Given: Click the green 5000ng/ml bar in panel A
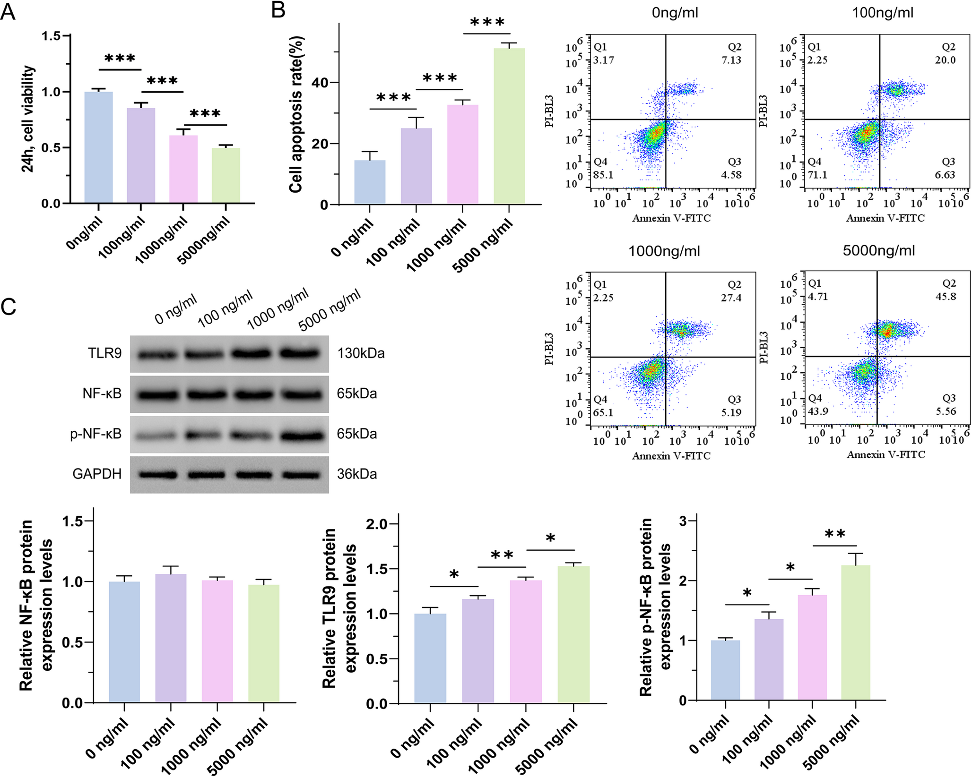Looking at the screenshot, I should (226, 176).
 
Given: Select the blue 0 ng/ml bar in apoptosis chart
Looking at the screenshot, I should (370, 182).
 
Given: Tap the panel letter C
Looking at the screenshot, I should (9, 307).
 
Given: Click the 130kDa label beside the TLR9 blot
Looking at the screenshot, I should (361, 353).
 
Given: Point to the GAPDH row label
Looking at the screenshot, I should (96, 474).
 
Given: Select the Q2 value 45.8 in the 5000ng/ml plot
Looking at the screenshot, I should (946, 297).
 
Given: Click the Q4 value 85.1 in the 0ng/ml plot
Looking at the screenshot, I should (603, 175).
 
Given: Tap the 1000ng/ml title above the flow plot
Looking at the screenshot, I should (664, 251).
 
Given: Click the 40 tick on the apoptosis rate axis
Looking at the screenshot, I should (320, 83).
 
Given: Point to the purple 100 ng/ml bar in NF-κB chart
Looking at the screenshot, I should (171, 638).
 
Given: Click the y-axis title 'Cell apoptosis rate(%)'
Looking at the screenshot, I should (295, 114).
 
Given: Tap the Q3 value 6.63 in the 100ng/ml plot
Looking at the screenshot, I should (945, 175).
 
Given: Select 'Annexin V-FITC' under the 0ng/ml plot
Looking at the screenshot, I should (671, 218).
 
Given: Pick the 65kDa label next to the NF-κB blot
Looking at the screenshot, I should (357, 393).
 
